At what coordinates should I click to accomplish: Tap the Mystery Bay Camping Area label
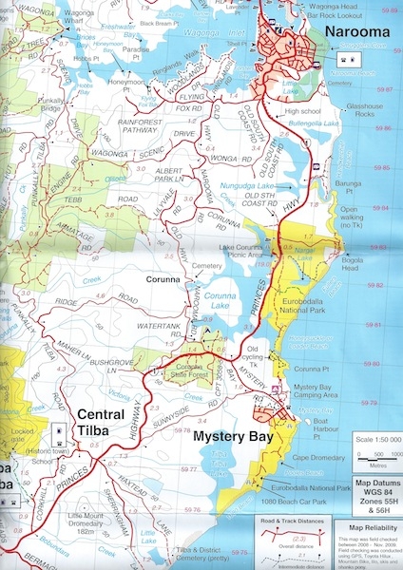coord(326,391)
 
